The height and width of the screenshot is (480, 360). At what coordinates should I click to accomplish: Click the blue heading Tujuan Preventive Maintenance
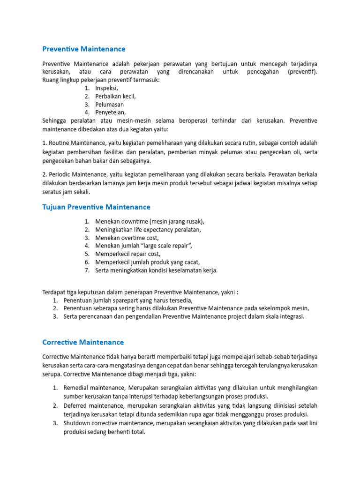(x=96, y=207)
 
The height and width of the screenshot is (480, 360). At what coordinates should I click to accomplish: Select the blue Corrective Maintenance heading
(x=83, y=342)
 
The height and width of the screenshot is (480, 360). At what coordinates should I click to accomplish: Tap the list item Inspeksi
(x=106, y=88)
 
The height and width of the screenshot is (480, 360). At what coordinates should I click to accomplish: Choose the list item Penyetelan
(x=110, y=112)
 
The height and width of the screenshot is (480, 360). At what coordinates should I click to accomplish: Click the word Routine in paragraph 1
(x=61, y=142)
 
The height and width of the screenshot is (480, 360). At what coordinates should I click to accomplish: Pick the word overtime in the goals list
(x=132, y=238)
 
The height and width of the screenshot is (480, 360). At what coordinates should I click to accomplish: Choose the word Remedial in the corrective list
(x=76, y=388)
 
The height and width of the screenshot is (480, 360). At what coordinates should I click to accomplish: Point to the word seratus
(x=52, y=192)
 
